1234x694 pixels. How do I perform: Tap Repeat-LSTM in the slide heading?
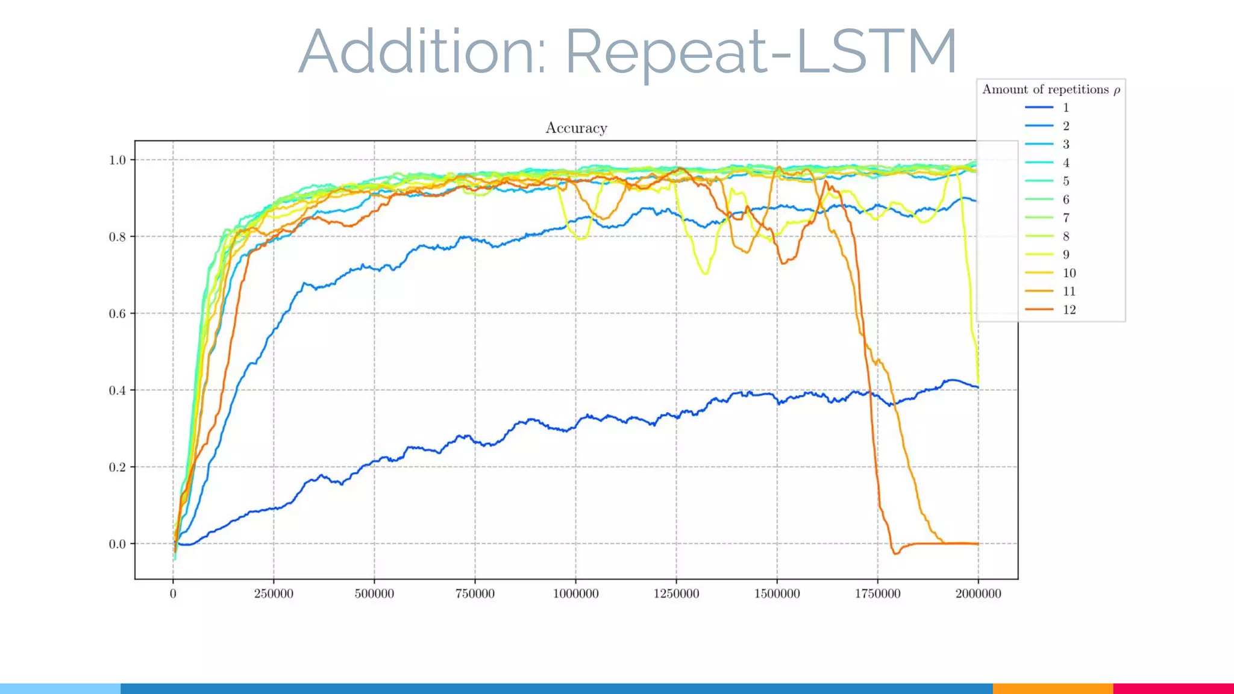(760, 53)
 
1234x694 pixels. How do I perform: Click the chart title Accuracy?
(576, 128)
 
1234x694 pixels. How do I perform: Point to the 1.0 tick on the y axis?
(117, 160)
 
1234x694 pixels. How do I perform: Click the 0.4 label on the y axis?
(117, 390)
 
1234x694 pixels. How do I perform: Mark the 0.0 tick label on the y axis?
(117, 544)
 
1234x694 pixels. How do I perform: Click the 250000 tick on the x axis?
(274, 593)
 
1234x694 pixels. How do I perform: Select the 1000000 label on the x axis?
(575, 593)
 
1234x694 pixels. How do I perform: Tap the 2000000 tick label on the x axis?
(978, 593)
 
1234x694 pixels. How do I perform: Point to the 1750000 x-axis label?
(877, 593)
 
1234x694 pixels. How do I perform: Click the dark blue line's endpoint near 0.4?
(977, 387)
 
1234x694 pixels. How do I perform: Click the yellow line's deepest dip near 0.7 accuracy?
(706, 274)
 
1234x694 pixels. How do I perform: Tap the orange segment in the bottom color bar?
(1052, 689)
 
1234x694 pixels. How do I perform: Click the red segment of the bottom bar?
(1173, 689)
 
